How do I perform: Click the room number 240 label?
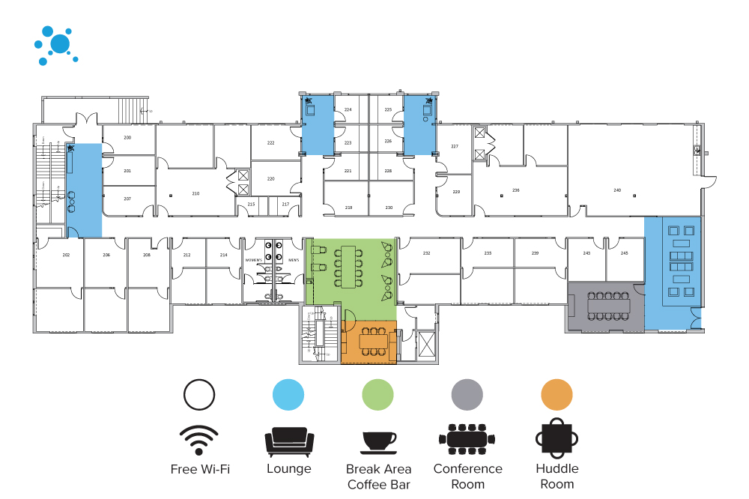point(617,190)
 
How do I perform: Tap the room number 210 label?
point(195,193)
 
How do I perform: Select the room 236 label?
point(515,190)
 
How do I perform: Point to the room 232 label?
point(426,253)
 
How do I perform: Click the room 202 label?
point(66,255)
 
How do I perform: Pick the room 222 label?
point(270,142)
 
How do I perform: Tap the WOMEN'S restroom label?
point(253,260)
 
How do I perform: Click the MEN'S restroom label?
point(294,260)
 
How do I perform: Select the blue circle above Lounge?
point(288,394)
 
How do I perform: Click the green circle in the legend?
point(378,394)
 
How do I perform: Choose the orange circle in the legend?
point(557,394)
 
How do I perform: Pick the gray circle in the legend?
point(467,394)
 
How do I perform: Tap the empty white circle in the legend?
point(199,394)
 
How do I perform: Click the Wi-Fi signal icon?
point(199,440)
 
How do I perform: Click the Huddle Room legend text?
point(557,476)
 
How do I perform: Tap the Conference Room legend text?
point(467,476)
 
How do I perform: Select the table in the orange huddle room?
point(372,342)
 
